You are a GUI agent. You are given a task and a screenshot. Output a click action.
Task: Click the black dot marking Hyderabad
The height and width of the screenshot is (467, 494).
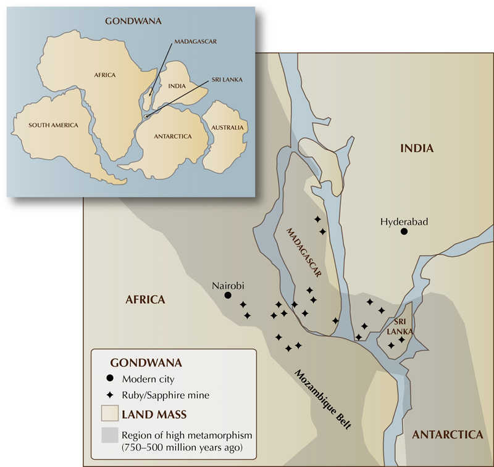click(x=404, y=231)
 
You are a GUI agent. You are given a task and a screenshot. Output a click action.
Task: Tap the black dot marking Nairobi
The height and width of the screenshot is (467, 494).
click(x=227, y=295)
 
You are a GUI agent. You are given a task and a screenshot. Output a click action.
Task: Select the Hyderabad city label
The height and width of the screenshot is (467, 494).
click(x=404, y=221)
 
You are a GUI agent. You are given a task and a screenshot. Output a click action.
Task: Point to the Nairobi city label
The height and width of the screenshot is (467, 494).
click(x=230, y=285)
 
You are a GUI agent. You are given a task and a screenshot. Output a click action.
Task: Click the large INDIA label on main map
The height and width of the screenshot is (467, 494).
click(x=417, y=148)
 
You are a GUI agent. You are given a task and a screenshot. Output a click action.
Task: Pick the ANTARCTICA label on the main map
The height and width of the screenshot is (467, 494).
click(x=447, y=434)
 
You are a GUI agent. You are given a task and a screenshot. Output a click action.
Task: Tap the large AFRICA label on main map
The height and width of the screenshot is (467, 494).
click(x=145, y=300)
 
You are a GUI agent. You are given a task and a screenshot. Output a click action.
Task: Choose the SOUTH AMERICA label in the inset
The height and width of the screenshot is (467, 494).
click(x=54, y=125)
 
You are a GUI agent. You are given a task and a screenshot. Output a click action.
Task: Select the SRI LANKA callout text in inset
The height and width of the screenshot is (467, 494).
click(x=226, y=80)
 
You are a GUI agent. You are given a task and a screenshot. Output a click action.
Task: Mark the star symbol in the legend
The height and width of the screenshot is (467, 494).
click(x=110, y=394)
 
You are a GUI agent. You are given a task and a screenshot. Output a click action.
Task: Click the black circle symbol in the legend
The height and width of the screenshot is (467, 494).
click(x=110, y=378)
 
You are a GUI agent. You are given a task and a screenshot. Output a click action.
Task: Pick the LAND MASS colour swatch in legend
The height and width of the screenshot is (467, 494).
click(x=110, y=412)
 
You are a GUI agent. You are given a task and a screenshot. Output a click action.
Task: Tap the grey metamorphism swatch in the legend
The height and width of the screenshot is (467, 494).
click(x=110, y=436)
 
